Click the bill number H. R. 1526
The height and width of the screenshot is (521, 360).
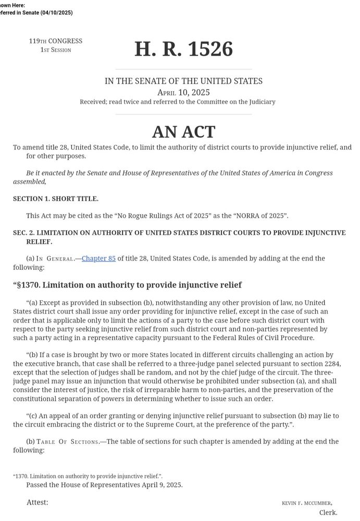point(183,49)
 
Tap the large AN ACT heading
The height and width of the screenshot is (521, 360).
point(183,131)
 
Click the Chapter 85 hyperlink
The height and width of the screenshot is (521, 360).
point(98,258)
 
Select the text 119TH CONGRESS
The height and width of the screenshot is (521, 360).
point(56,41)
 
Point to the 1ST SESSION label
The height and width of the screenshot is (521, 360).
point(56,50)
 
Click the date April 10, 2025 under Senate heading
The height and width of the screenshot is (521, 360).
point(183,92)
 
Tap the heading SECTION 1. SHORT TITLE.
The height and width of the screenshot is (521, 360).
point(56,199)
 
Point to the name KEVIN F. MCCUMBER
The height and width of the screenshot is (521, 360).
point(307,503)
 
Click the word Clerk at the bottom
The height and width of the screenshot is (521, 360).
point(328,513)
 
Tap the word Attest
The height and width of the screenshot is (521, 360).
point(38,502)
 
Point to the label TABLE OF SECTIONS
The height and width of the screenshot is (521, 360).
point(68,441)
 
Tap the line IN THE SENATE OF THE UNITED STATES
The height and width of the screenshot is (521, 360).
point(183,81)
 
